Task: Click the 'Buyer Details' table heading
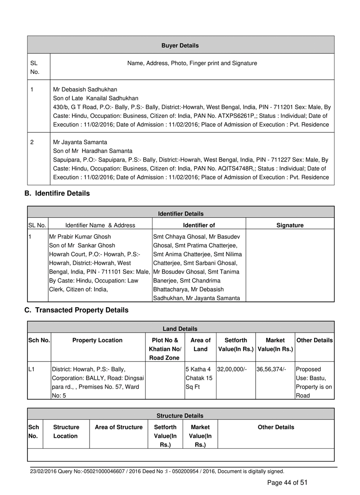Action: coord(180,45)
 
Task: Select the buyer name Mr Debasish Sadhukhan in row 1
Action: coord(85,89)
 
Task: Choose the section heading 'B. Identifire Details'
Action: coord(57,193)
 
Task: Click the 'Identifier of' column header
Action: coord(199,225)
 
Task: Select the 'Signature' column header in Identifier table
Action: coord(290,225)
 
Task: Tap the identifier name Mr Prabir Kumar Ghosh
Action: coord(80,236)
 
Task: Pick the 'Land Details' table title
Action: coord(180,329)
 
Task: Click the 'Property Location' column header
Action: coord(97,340)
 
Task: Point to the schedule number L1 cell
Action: coord(31,369)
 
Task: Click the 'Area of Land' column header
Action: coord(200,344)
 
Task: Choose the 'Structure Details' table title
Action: coord(180,415)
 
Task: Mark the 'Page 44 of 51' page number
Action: coord(287,482)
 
